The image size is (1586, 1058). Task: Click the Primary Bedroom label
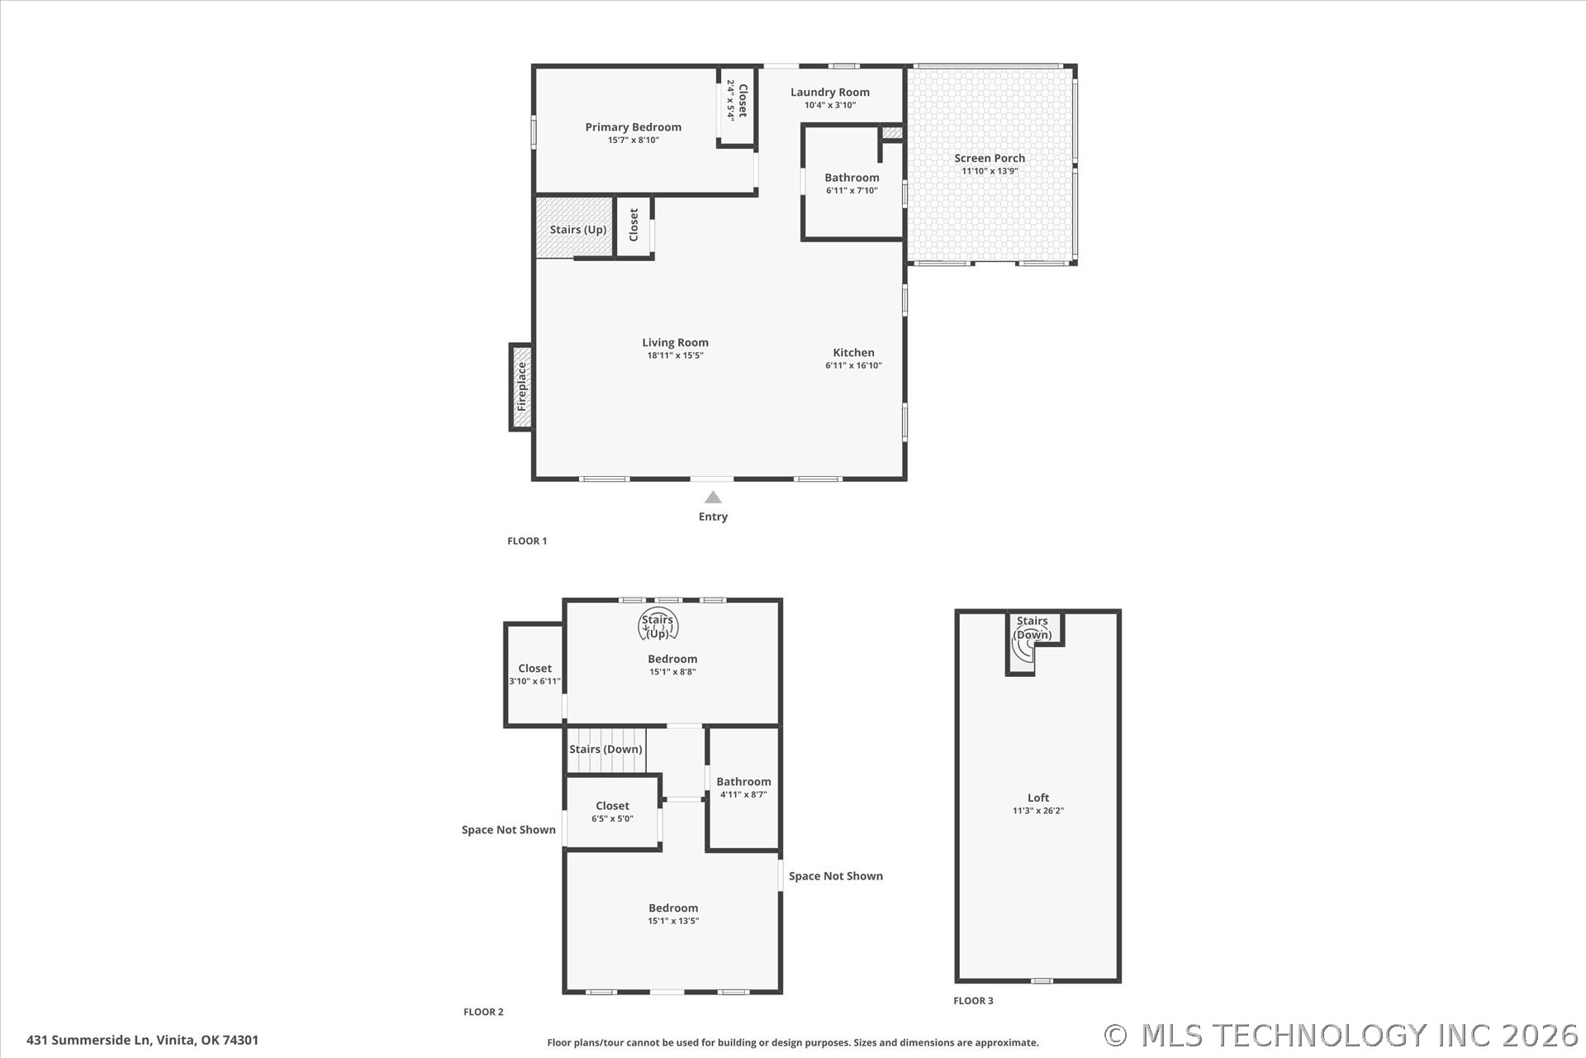point(634,127)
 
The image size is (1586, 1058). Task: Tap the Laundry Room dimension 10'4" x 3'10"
point(830,105)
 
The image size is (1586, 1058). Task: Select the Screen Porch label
point(990,158)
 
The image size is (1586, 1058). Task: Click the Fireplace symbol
point(521,387)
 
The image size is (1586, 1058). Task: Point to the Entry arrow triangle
point(713,498)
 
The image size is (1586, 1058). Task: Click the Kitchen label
point(853,353)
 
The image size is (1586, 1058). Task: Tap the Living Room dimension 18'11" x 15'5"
point(675,355)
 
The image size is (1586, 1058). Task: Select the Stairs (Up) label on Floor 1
point(578,230)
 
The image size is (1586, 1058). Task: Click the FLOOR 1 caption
point(527,541)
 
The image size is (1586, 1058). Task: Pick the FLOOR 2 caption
point(483,1012)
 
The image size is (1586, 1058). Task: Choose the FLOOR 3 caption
point(973,1001)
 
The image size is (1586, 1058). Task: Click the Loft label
point(1038,798)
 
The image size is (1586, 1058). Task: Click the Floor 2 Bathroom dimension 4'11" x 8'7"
point(743,794)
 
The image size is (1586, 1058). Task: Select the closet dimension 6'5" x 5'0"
point(612,818)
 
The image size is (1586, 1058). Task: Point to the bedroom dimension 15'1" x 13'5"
point(673,921)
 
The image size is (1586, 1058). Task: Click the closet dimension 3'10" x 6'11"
point(534,681)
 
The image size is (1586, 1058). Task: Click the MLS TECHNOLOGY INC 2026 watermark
point(1341,1036)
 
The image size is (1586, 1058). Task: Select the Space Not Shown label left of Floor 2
point(509,830)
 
